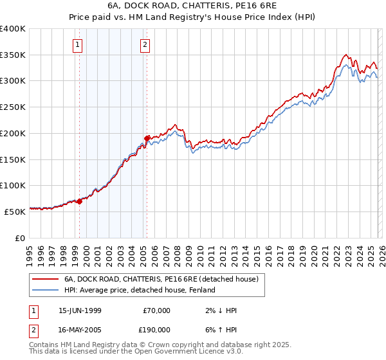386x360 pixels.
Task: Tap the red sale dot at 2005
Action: point(147,138)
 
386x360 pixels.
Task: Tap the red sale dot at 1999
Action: point(80,201)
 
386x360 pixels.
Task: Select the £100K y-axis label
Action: point(13,186)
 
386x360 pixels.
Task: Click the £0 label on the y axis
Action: point(20,238)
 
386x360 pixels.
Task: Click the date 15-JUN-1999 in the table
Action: point(80,310)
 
